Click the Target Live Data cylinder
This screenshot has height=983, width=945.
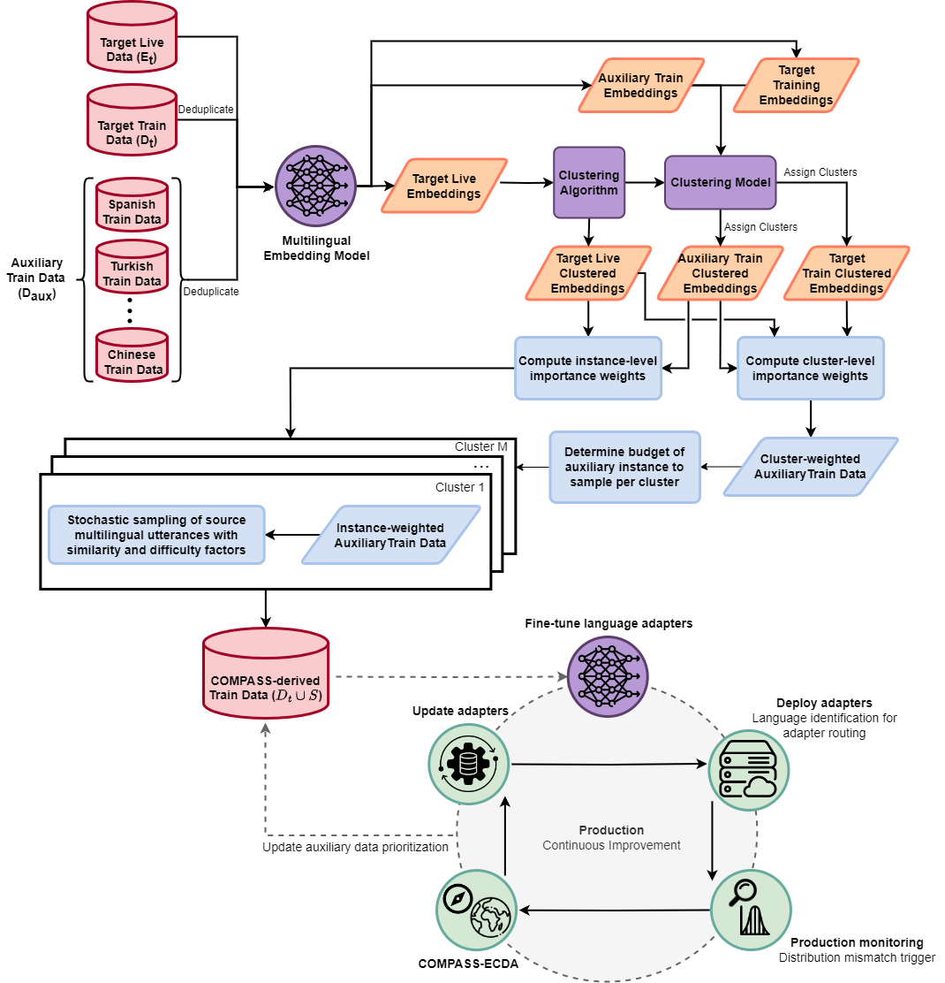pyautogui.click(x=132, y=37)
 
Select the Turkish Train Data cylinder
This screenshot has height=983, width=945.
pyautogui.click(x=132, y=266)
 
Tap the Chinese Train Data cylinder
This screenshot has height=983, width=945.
pyautogui.click(x=132, y=354)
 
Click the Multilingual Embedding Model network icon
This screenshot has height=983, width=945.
pyautogui.click(x=315, y=187)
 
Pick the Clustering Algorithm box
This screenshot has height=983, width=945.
pyautogui.click(x=589, y=182)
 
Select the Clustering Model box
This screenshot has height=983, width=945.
pyautogui.click(x=720, y=182)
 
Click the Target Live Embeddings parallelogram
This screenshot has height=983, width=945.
pyautogui.click(x=444, y=186)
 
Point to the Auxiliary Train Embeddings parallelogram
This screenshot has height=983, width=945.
pyautogui.click(x=641, y=85)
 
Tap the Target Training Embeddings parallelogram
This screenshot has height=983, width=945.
pyautogui.click(x=796, y=85)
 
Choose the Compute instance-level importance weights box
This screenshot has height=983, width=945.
pyautogui.click(x=588, y=369)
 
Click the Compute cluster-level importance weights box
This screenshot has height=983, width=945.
pyautogui.click(x=811, y=369)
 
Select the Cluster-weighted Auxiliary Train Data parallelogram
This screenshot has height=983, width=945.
pyautogui.click(x=811, y=467)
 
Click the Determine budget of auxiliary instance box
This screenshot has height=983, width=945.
pyautogui.click(x=625, y=467)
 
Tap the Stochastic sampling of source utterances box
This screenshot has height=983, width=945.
pyautogui.click(x=156, y=535)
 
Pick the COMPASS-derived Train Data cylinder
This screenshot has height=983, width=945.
pyautogui.click(x=266, y=673)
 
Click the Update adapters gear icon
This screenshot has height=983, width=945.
pyautogui.click(x=468, y=764)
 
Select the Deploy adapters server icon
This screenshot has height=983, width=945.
pyautogui.click(x=749, y=770)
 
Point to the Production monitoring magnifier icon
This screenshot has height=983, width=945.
pyautogui.click(x=752, y=911)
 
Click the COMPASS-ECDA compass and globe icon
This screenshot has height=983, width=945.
pyautogui.click(x=477, y=911)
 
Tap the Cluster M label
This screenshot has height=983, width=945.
pyautogui.click(x=481, y=446)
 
